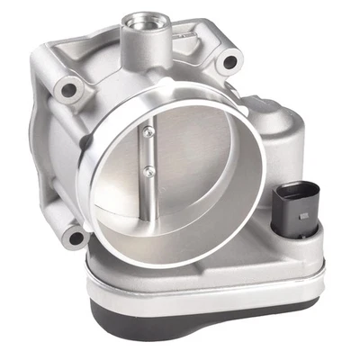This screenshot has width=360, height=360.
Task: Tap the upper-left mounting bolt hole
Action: pyautogui.click(x=66, y=91)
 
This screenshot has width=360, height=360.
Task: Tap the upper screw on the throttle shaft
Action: pyautogui.click(x=148, y=132)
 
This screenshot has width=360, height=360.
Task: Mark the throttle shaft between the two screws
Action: pyautogui.click(x=146, y=150)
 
